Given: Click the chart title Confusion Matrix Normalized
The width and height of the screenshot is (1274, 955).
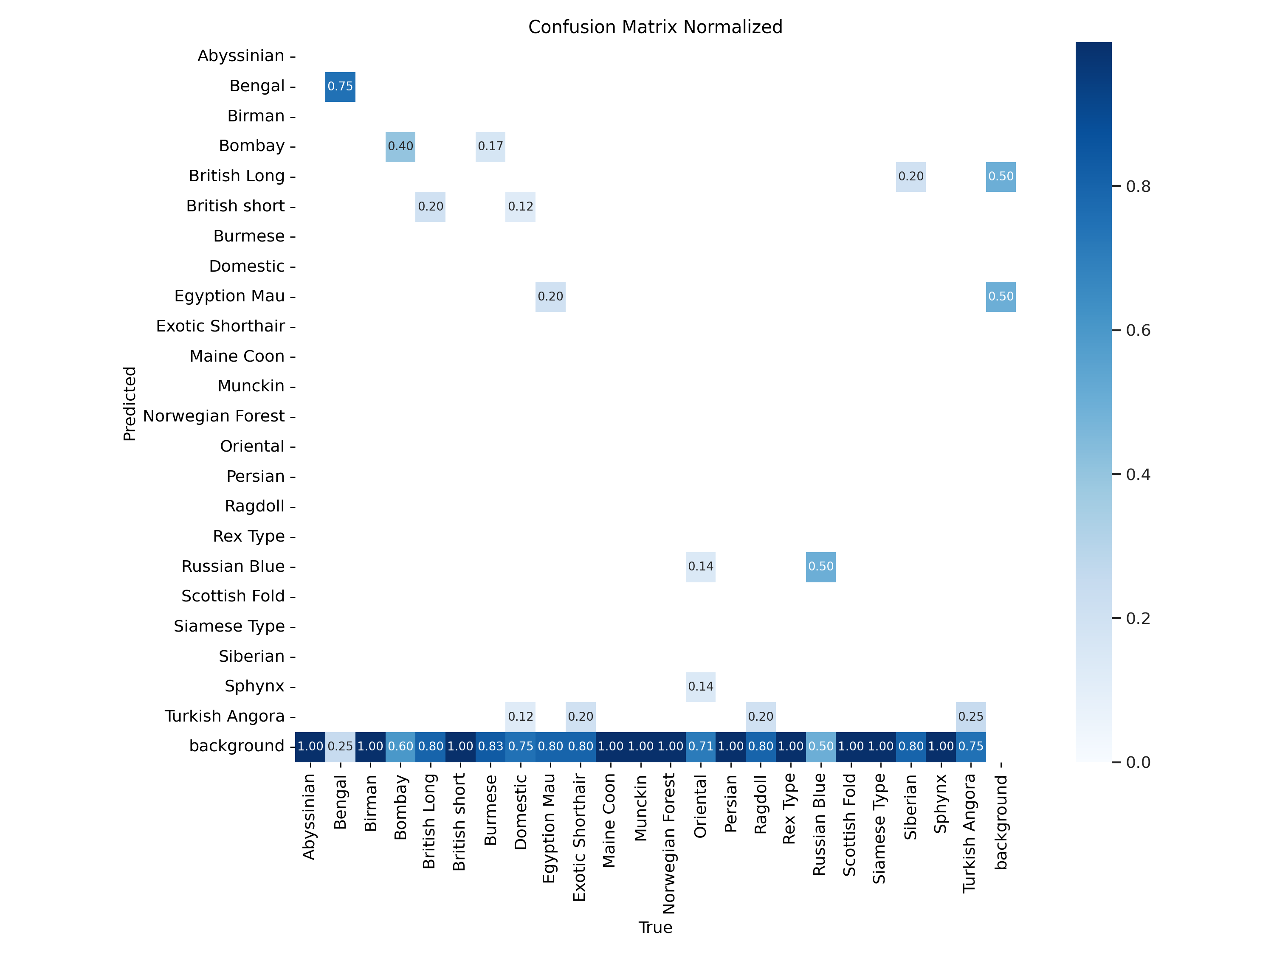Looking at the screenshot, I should click(x=655, y=27).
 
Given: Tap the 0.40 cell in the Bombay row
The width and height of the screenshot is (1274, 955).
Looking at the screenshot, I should click(x=400, y=146).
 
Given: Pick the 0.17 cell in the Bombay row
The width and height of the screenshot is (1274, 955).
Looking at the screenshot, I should click(x=490, y=146).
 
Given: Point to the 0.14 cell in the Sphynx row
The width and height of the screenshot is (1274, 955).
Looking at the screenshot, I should click(x=700, y=686).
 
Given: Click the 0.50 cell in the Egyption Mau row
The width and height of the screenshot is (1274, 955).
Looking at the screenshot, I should click(x=1001, y=296).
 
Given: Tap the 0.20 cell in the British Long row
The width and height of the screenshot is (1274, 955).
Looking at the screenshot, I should click(x=910, y=176).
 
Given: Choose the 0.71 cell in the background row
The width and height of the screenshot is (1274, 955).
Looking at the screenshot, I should click(x=700, y=747).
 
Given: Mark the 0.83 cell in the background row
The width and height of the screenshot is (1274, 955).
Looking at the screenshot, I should click(x=490, y=747).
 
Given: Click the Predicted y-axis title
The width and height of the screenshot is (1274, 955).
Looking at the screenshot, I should click(x=130, y=404).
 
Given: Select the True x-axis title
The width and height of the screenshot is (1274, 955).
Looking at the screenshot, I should click(x=655, y=927).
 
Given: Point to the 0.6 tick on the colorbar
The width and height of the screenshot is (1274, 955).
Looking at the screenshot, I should click(x=1138, y=330).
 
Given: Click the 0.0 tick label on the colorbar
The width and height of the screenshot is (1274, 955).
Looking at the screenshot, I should click(x=1138, y=762).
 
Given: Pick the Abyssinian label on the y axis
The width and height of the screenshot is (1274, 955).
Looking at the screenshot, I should click(x=241, y=56).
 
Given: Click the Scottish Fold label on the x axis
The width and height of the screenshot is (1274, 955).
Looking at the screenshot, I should click(x=849, y=824).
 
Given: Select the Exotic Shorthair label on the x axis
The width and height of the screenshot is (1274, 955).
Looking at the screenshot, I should click(x=579, y=837).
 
